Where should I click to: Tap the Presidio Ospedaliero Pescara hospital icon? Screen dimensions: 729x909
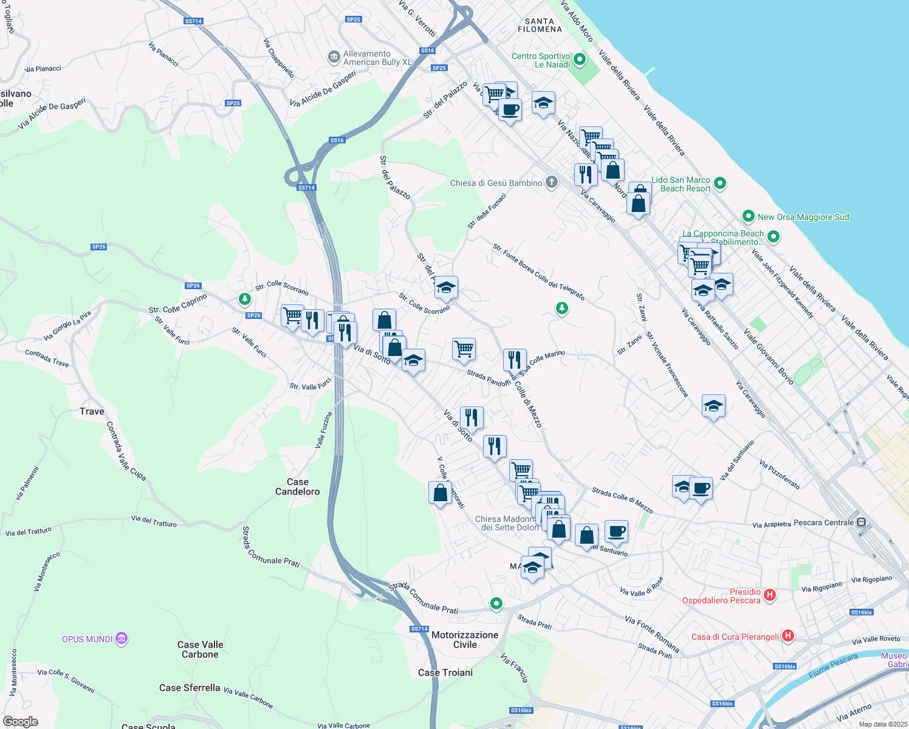point(770,595)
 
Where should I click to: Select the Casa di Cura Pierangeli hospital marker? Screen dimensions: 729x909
point(788,636)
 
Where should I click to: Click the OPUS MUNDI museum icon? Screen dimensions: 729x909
point(122,638)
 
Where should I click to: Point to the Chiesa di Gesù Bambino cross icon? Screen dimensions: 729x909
point(551,182)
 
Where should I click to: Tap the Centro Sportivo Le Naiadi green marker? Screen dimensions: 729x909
point(580,60)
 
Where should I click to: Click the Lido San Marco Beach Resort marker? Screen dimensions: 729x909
point(720,182)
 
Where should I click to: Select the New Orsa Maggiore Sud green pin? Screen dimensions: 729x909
point(749,216)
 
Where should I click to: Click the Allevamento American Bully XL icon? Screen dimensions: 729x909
point(334,57)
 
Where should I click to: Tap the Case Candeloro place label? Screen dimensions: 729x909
point(298,487)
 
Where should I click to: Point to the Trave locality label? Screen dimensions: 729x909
point(92,411)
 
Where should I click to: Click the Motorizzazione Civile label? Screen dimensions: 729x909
point(465,640)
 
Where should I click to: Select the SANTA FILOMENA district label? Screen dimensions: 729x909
point(540,25)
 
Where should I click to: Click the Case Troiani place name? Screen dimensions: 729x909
point(445,673)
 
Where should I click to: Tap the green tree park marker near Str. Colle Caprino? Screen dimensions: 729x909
point(245,299)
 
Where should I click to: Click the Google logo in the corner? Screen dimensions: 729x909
point(21,722)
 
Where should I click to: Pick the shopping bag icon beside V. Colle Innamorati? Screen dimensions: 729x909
point(440,493)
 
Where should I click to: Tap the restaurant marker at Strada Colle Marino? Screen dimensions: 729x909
point(515,360)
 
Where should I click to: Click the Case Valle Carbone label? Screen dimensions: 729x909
point(200,649)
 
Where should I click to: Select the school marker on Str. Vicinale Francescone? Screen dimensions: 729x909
point(713,406)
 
